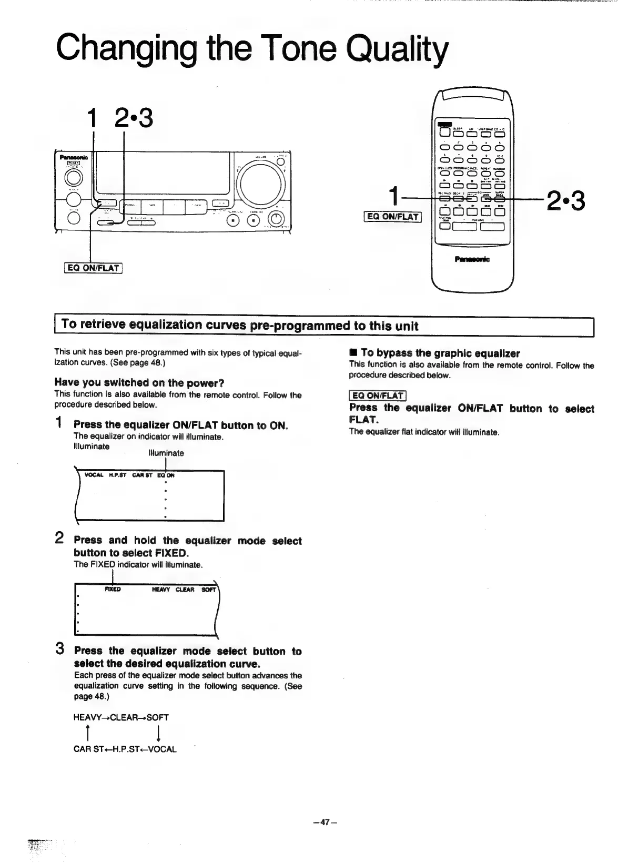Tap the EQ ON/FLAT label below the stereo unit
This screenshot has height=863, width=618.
94,268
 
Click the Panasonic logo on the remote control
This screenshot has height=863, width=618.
472,259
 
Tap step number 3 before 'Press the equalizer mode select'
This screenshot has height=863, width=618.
60,649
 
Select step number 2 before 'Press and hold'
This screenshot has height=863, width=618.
60,539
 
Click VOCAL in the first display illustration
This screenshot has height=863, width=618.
94,475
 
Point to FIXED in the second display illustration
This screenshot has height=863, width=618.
113,589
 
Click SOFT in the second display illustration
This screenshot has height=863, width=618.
209,590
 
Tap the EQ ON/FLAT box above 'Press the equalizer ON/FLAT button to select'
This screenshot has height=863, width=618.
378,395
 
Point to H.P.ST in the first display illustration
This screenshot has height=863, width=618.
118,475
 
